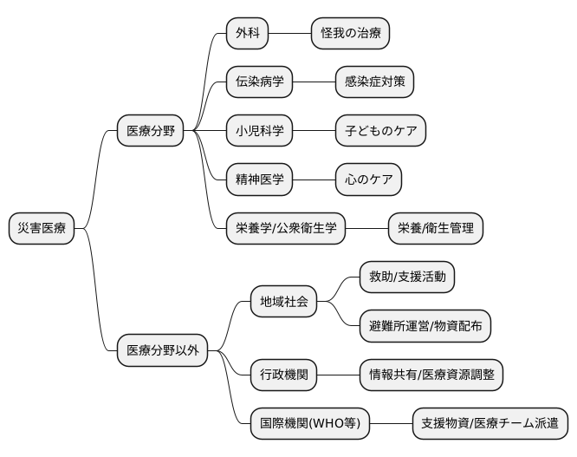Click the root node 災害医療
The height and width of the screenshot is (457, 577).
42,229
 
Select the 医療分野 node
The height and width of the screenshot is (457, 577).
151,132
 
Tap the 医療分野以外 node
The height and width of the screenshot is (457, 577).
163,351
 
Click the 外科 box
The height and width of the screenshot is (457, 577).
247,34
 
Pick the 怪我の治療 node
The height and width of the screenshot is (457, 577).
350,34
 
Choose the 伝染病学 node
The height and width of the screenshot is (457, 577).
259,82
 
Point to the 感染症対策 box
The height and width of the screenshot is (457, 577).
374,82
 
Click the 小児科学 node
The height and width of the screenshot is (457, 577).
259,132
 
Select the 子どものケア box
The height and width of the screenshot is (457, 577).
380,132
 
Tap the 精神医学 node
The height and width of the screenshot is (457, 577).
259,180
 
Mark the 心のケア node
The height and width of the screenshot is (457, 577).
368,180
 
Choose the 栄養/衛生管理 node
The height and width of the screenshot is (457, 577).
435,229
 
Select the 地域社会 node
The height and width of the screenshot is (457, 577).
283,302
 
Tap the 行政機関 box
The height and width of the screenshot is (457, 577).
283,375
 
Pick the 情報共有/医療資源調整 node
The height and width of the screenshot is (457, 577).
431,375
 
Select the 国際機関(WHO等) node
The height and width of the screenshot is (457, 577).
309,424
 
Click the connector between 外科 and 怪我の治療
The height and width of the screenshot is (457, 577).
289,34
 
